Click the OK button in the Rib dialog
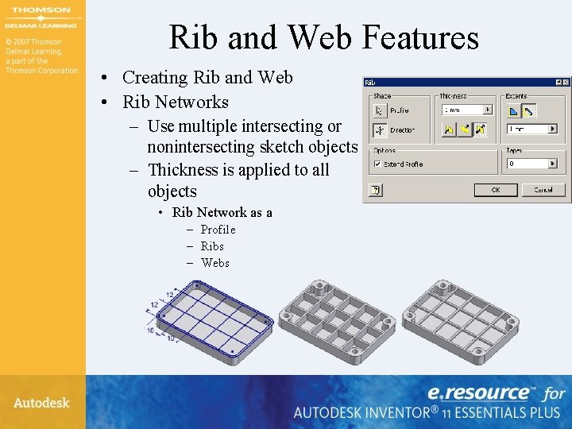point(496,190)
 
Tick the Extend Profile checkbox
point(377,164)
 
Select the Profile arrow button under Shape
point(380,110)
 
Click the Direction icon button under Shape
point(380,129)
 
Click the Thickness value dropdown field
point(467,110)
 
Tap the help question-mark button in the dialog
point(376,190)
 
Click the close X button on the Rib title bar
point(565,82)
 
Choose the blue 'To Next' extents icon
point(513,110)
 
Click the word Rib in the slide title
point(195,37)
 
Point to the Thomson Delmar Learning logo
point(41,17)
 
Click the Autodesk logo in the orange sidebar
point(41,403)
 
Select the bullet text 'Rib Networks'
point(175,102)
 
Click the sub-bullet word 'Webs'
point(214,263)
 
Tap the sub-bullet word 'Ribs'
point(212,246)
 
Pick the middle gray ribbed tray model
point(338,318)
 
